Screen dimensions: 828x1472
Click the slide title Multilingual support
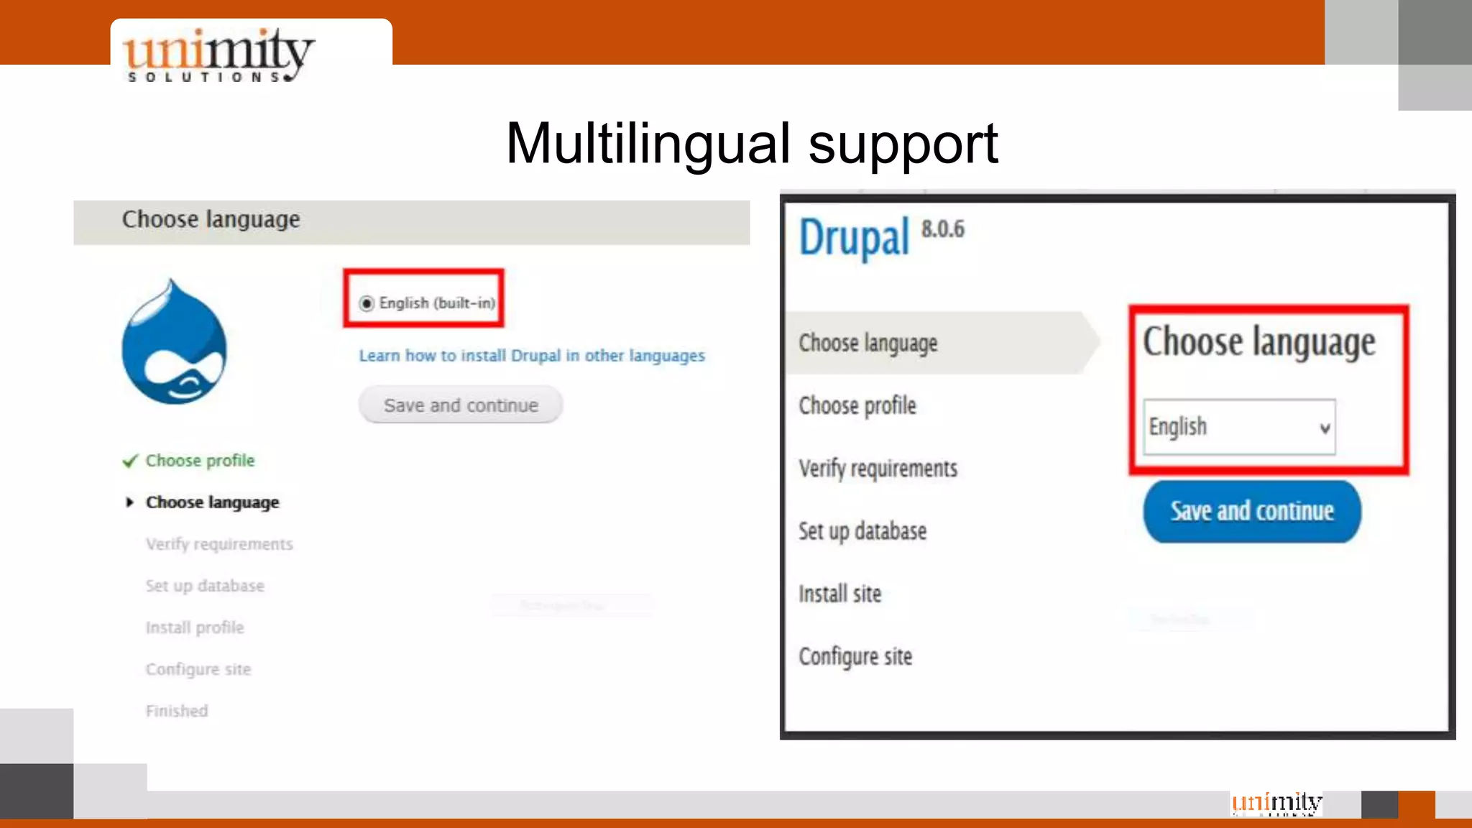(x=752, y=144)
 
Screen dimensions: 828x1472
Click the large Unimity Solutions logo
(x=218, y=55)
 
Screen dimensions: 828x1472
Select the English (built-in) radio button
(x=367, y=303)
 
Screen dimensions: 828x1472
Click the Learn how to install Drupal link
(x=532, y=356)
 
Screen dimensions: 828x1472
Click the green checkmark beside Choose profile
(x=130, y=461)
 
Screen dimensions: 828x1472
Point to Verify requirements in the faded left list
(x=219, y=544)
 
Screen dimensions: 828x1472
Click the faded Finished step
(x=177, y=711)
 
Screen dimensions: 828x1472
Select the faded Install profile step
(x=195, y=627)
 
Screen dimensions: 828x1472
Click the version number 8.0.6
(x=943, y=229)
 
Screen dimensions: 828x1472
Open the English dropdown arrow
(x=1325, y=428)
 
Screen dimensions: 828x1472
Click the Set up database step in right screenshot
(x=862, y=531)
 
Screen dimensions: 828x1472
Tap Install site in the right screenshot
(x=839, y=594)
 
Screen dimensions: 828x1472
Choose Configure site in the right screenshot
(x=855, y=656)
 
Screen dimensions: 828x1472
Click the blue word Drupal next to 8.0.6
(x=855, y=238)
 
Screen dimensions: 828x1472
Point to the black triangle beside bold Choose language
(x=129, y=502)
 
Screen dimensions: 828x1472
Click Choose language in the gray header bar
(x=211, y=219)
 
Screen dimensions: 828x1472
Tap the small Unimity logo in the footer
(x=1276, y=803)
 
